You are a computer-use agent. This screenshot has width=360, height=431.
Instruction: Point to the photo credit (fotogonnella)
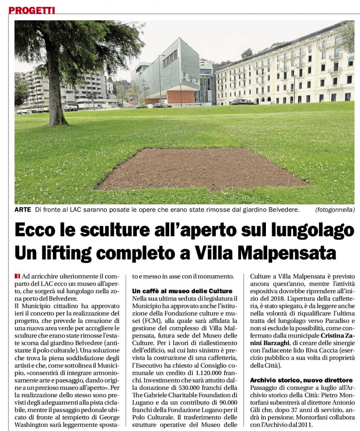(335, 210)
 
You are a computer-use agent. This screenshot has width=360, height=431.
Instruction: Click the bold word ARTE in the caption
(23, 210)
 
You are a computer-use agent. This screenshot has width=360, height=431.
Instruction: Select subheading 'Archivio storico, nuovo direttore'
(301, 380)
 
